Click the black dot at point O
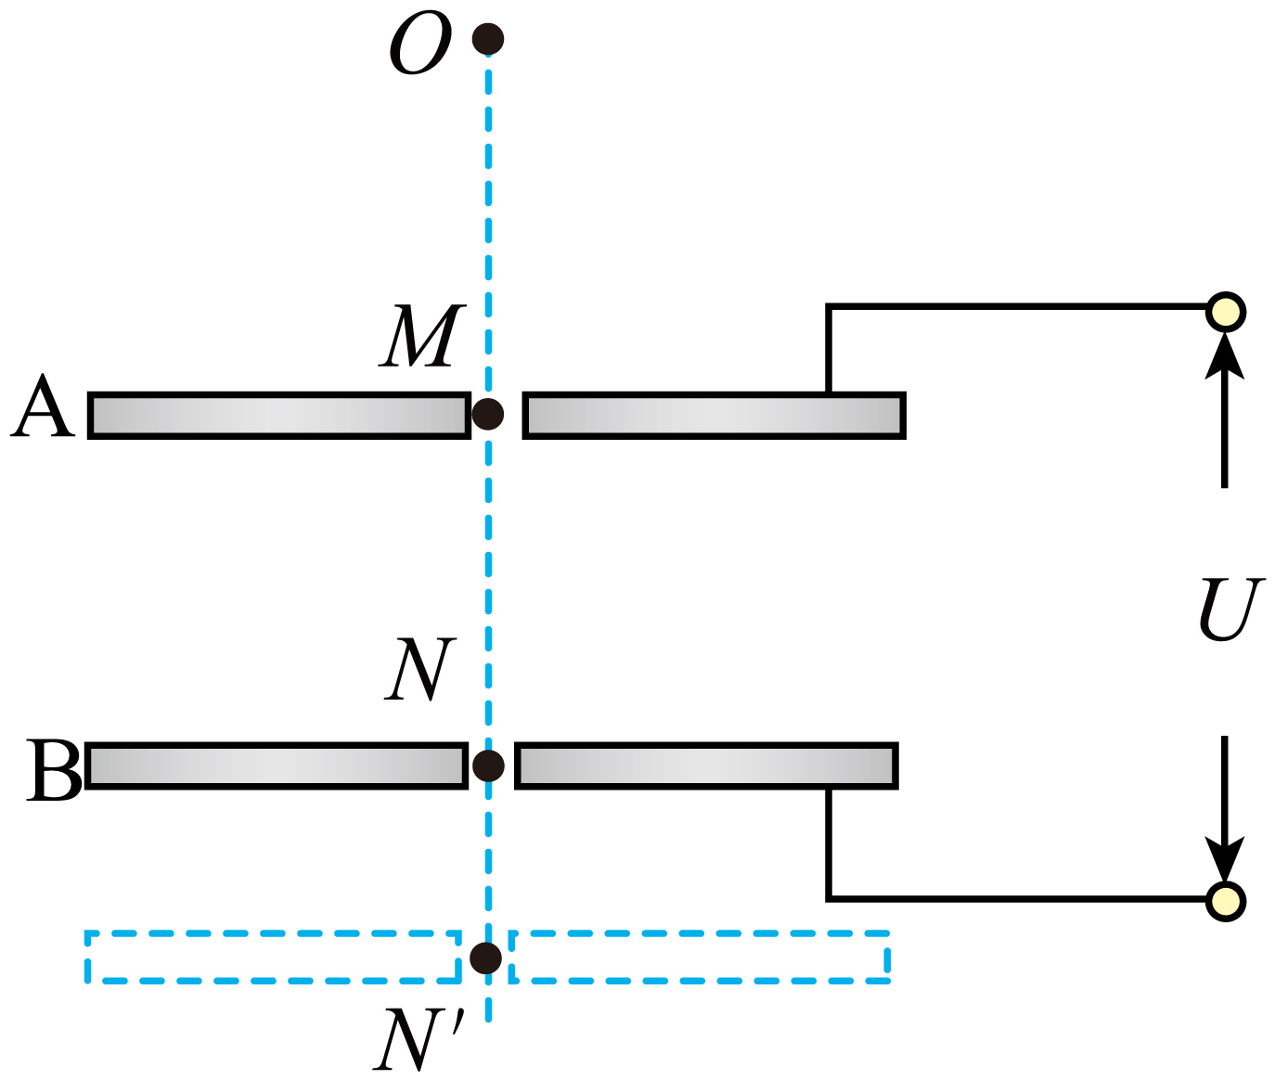click(488, 39)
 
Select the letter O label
click(420, 44)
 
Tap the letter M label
click(422, 336)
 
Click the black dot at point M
click(488, 414)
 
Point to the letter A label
click(43, 405)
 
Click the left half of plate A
click(279, 415)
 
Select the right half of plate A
click(715, 415)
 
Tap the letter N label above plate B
click(420, 669)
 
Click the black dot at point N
click(488, 766)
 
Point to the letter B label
click(54, 770)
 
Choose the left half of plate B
click(277, 766)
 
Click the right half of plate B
click(706, 766)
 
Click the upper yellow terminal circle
click(1226, 312)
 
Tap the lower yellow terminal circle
click(1226, 902)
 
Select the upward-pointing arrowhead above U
click(1225, 356)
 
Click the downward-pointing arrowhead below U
click(1225, 859)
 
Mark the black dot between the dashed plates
click(486, 958)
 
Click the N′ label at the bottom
click(419, 1040)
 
